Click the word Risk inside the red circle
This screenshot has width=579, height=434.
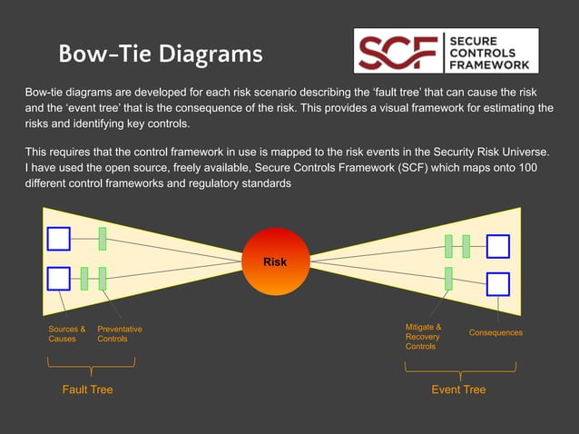pos(275,261)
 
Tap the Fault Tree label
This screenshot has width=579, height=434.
pos(87,390)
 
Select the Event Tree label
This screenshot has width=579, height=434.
pos(458,390)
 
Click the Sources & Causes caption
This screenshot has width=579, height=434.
pos(66,333)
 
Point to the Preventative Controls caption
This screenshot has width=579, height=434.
pos(119,333)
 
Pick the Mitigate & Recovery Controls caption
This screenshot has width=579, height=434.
pos(423,336)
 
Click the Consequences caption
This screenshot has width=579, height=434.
pos(496,333)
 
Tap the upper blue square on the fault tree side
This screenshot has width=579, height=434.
pos(59,238)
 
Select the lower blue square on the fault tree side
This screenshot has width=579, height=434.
pos(59,278)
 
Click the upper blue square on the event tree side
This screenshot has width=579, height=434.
pos(497,246)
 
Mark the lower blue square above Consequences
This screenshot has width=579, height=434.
pos(497,284)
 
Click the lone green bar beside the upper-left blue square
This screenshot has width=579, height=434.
pos(103,239)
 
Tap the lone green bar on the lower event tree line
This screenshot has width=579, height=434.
pos(448,278)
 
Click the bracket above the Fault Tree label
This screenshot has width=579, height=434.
pos(91,365)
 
